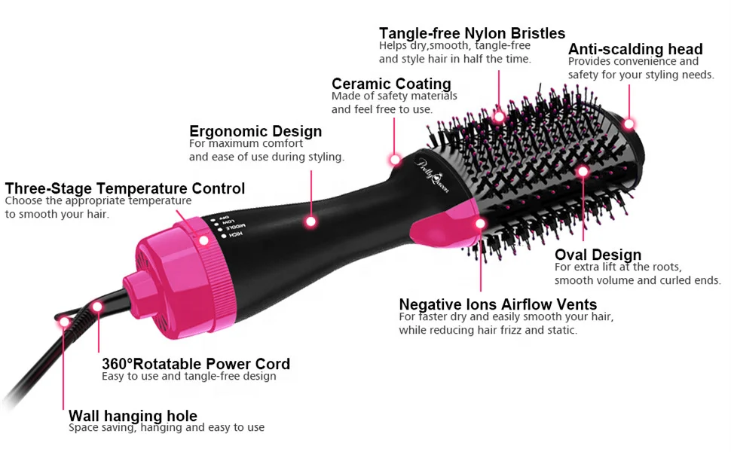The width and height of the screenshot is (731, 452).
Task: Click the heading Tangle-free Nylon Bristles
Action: tap(472, 33)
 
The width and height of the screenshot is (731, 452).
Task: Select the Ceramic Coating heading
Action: tap(391, 84)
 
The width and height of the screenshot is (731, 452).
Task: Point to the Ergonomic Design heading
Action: tap(255, 132)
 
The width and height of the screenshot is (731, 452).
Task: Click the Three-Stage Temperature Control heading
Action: tap(125, 188)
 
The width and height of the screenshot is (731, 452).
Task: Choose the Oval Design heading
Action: tap(598, 255)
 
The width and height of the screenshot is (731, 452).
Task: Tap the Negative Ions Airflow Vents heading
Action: tap(497, 304)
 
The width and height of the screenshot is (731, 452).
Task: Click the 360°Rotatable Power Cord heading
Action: tap(196, 364)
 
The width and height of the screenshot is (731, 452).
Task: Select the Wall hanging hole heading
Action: tap(133, 416)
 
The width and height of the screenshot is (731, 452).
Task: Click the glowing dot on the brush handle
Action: tap(310, 221)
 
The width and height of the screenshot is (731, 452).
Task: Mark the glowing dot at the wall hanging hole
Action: tap(64, 322)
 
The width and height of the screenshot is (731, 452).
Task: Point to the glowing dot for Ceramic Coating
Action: tap(395, 159)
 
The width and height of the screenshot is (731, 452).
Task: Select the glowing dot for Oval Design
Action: tap(583, 172)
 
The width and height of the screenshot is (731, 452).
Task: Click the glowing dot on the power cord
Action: tap(97, 306)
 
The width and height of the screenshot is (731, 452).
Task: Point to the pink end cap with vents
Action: tap(148, 288)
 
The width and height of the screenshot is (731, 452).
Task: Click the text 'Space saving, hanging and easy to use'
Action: tap(166, 428)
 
